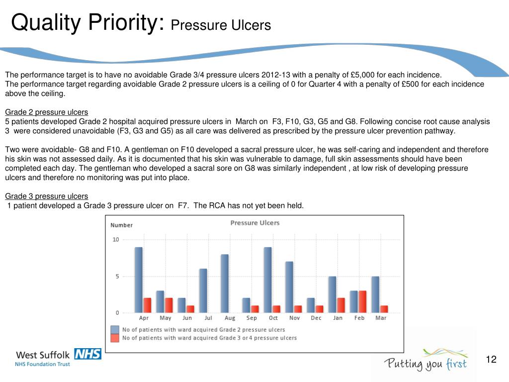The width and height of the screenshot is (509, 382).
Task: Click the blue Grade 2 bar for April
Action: [139, 280]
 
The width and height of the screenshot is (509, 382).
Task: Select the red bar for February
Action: [362, 301]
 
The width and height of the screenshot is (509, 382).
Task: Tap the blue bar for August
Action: [225, 284]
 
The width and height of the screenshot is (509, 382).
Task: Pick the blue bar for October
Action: [267, 280]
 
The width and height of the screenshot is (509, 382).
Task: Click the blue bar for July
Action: [203, 290]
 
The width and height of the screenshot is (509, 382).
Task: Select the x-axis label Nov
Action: [295, 318]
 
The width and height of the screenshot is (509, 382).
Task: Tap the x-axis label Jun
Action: [187, 318]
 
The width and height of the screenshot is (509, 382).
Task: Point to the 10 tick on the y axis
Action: [116, 240]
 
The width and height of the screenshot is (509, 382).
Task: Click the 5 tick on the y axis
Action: [117, 277]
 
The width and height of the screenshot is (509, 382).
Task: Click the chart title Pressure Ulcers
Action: [254, 223]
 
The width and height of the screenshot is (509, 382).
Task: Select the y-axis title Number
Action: [121, 225]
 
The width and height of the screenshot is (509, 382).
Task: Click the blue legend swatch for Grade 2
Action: [115, 329]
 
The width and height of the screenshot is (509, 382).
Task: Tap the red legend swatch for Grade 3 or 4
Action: [115, 338]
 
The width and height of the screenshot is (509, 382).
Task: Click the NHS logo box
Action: [87, 354]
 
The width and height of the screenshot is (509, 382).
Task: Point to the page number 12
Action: [491, 360]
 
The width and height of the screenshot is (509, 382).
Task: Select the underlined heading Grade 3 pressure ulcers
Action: [46, 196]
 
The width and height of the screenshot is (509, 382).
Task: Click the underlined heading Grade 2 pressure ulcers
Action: [46, 112]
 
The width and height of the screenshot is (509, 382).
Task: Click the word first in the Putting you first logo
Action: [455, 364]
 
